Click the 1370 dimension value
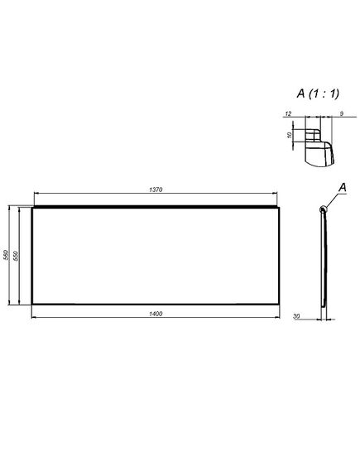point(155,190)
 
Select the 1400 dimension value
point(155,313)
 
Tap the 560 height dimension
point(7,256)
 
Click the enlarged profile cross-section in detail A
point(318,147)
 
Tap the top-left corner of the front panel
point(32,207)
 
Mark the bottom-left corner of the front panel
point(32,305)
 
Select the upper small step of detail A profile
point(314,130)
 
